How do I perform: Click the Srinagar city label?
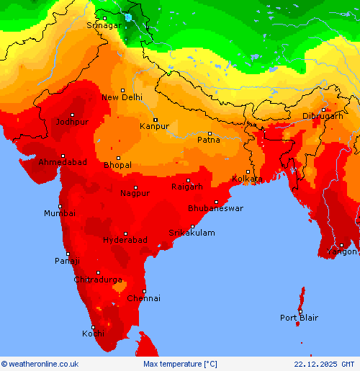(103, 25)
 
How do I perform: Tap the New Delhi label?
(122, 97)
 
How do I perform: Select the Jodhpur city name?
(73, 122)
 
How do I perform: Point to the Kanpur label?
(154, 126)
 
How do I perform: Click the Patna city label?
(209, 140)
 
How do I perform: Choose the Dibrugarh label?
(322, 116)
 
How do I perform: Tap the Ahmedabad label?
(63, 162)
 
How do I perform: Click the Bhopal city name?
(117, 165)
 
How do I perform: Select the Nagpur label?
(135, 193)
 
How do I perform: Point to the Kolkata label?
(247, 179)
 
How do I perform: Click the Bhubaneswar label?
(215, 208)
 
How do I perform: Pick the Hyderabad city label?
(125, 240)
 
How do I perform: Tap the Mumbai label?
(59, 213)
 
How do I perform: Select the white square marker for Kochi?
(93, 327)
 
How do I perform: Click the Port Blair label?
(299, 318)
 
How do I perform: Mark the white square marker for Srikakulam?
(192, 226)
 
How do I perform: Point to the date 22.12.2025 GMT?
(324, 365)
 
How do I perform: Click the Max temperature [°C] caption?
(180, 365)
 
